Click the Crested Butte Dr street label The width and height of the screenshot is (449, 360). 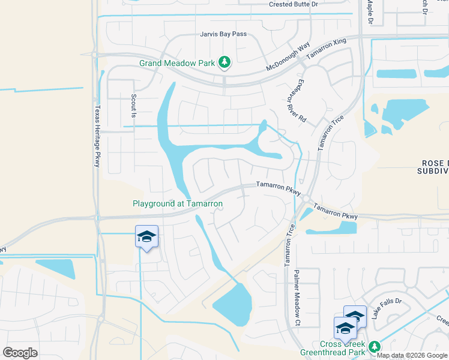293,4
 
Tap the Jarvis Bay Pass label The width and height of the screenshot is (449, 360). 223,34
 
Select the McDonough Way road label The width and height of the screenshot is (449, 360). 288,55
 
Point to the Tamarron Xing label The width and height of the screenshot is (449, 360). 327,49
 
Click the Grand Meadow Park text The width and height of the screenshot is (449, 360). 177,62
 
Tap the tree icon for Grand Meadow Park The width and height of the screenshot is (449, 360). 224,62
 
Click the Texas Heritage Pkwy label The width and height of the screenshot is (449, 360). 97,137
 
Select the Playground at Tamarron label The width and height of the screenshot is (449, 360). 178,204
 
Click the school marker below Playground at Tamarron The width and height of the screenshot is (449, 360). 146,236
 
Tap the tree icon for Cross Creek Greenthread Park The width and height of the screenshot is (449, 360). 375,347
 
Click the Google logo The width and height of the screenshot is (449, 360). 20,352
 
